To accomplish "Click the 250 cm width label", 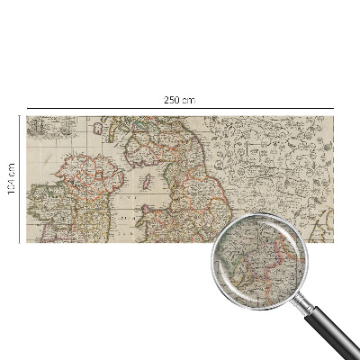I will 181,99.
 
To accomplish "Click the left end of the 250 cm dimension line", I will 26,107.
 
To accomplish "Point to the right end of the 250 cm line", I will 334,107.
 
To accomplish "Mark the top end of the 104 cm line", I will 19,115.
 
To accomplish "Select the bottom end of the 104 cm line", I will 19,241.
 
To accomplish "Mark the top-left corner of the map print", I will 27,116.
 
